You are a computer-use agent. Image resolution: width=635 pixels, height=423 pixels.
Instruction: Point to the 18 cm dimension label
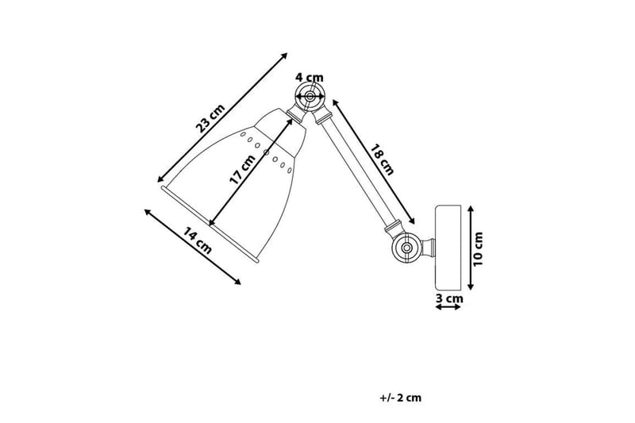click(x=381, y=157)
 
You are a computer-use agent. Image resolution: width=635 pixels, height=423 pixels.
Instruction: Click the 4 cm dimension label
click(x=309, y=77)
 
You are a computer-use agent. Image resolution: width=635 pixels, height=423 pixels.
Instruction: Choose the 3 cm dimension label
click(x=449, y=298)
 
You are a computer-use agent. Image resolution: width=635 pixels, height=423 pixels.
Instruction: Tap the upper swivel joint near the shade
click(x=308, y=98)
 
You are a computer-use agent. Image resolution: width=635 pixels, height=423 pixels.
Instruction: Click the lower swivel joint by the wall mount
click(x=406, y=248)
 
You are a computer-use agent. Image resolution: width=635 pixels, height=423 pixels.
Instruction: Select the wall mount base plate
click(x=448, y=247)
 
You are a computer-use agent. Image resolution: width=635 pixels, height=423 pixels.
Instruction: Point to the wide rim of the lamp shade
click(x=210, y=224)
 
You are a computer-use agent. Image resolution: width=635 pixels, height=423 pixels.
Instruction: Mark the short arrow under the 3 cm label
click(x=449, y=309)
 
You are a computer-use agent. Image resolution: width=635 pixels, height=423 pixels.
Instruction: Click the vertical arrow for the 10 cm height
click(x=471, y=247)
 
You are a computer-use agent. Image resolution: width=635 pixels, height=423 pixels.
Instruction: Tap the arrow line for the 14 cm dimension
click(x=193, y=247)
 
